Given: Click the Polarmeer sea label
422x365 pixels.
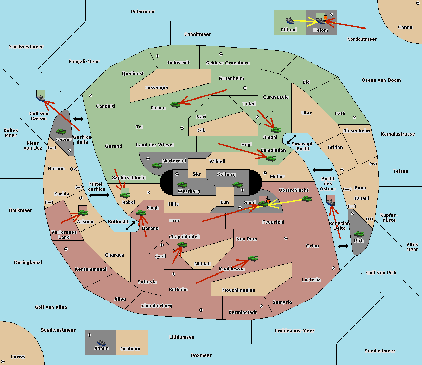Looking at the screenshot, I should tap(143, 12).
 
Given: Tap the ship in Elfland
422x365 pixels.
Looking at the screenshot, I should tap(290, 20).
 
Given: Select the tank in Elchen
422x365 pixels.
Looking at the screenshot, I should tap(175, 104).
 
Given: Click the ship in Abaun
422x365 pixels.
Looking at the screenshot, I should tap(101, 342).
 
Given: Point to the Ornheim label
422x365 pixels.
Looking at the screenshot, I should tap(130, 348).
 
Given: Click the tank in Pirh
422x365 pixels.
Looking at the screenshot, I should tap(359, 234).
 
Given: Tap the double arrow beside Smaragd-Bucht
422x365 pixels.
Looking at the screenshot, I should tap(292, 139).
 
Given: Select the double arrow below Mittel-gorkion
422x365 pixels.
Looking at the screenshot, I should tap(99, 195).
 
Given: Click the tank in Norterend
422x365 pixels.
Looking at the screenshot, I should tap(156, 165).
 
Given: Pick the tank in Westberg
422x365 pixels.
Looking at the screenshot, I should tap(182, 184).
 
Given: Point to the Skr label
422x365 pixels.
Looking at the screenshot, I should tap(197, 174).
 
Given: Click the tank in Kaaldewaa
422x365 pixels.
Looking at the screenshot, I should tap(253, 258).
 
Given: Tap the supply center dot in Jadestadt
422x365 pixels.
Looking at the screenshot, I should tap(158, 56).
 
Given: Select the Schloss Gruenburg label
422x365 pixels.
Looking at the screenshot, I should tap(228, 63).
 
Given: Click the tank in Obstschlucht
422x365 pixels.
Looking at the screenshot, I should tap(307, 199).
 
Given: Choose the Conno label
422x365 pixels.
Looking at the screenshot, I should tap(405, 27).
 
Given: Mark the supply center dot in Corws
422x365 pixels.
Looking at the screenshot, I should tap(3, 361).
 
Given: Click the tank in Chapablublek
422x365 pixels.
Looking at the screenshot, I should tap(182, 244).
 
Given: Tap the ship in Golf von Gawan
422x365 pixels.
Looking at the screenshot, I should tap(41, 97).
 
